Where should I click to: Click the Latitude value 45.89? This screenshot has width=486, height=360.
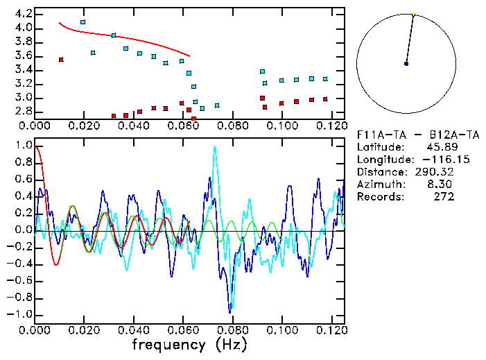(x=441, y=147)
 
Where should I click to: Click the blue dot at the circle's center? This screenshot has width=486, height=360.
(x=406, y=64)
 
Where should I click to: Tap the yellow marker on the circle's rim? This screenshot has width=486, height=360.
(x=413, y=15)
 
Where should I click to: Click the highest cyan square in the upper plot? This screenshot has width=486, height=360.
(x=83, y=22)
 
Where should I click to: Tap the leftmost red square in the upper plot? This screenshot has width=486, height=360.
(x=61, y=60)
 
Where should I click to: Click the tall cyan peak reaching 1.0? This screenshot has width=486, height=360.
(x=215, y=147)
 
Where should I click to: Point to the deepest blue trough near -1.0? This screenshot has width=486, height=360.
(x=230, y=311)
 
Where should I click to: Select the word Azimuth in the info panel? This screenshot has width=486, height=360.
(x=378, y=185)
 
